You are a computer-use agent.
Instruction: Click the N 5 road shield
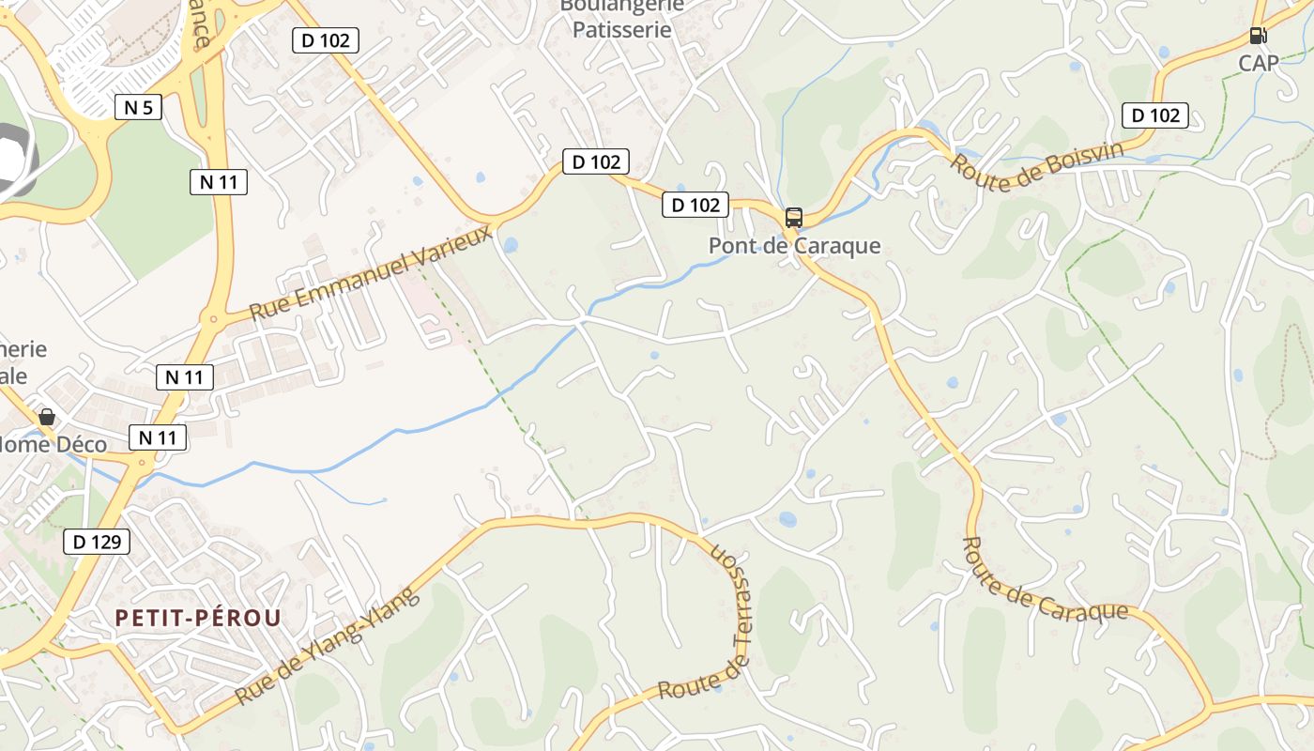pos(138,107)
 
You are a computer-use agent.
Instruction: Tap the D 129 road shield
pos(97,542)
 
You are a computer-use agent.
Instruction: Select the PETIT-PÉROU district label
pos(198,618)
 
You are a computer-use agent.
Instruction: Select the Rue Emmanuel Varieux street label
pos(372,272)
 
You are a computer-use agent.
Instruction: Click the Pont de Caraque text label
pos(794,246)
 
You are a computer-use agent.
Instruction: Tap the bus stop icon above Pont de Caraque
pos(794,218)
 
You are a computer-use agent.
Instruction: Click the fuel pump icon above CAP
pos(1258,37)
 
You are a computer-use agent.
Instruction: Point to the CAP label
pos(1258,63)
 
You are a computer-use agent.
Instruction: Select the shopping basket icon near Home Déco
pos(47,416)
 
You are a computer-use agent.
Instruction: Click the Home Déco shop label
pos(53,444)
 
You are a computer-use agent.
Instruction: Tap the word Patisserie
pos(621,30)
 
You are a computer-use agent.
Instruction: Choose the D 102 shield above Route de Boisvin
pos(1155,115)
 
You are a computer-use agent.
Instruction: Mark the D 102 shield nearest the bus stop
pos(695,205)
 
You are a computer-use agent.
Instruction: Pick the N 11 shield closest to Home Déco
pos(158,437)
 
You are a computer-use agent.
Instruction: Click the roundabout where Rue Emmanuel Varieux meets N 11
pos(214,319)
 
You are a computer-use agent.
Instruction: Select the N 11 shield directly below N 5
pos(219,182)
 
